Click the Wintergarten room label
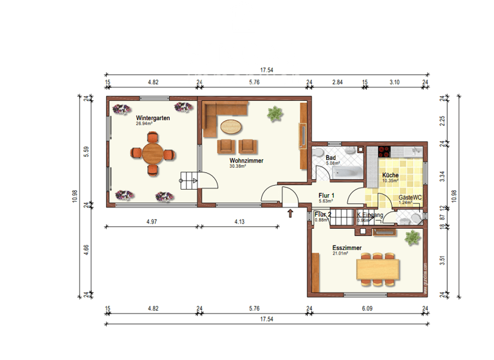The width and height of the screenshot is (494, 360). coord(152,118)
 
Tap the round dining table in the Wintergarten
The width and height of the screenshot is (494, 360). coord(153,154)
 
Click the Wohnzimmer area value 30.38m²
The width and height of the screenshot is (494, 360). coord(237,166)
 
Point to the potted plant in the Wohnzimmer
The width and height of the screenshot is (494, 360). coord(275,114)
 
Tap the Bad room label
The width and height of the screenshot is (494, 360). coord(331,157)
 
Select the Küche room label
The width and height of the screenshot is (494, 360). coord(390,175)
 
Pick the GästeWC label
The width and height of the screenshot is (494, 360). coord(410,197)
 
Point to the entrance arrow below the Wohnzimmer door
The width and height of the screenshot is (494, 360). coord(290,213)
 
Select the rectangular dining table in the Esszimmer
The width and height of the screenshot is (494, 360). coord(378,267)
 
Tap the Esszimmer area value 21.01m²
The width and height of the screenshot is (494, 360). coord(340,253)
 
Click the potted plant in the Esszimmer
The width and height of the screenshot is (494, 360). coord(412,239)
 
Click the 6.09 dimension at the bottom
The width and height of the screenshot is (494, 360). coord(367,309)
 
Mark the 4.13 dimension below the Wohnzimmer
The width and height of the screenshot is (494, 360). coord(239,222)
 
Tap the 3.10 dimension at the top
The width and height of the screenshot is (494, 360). coord(394,82)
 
